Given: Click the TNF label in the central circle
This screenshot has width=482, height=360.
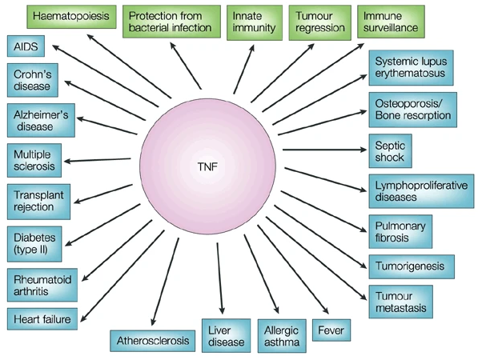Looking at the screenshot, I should click(x=209, y=170).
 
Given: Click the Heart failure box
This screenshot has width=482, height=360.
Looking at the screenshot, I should click(x=42, y=320).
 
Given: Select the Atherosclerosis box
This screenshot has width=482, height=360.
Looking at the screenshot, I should click(x=152, y=341).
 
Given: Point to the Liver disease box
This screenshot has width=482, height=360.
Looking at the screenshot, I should click(x=225, y=335).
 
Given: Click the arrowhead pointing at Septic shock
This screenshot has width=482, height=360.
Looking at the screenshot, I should click(x=364, y=149).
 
